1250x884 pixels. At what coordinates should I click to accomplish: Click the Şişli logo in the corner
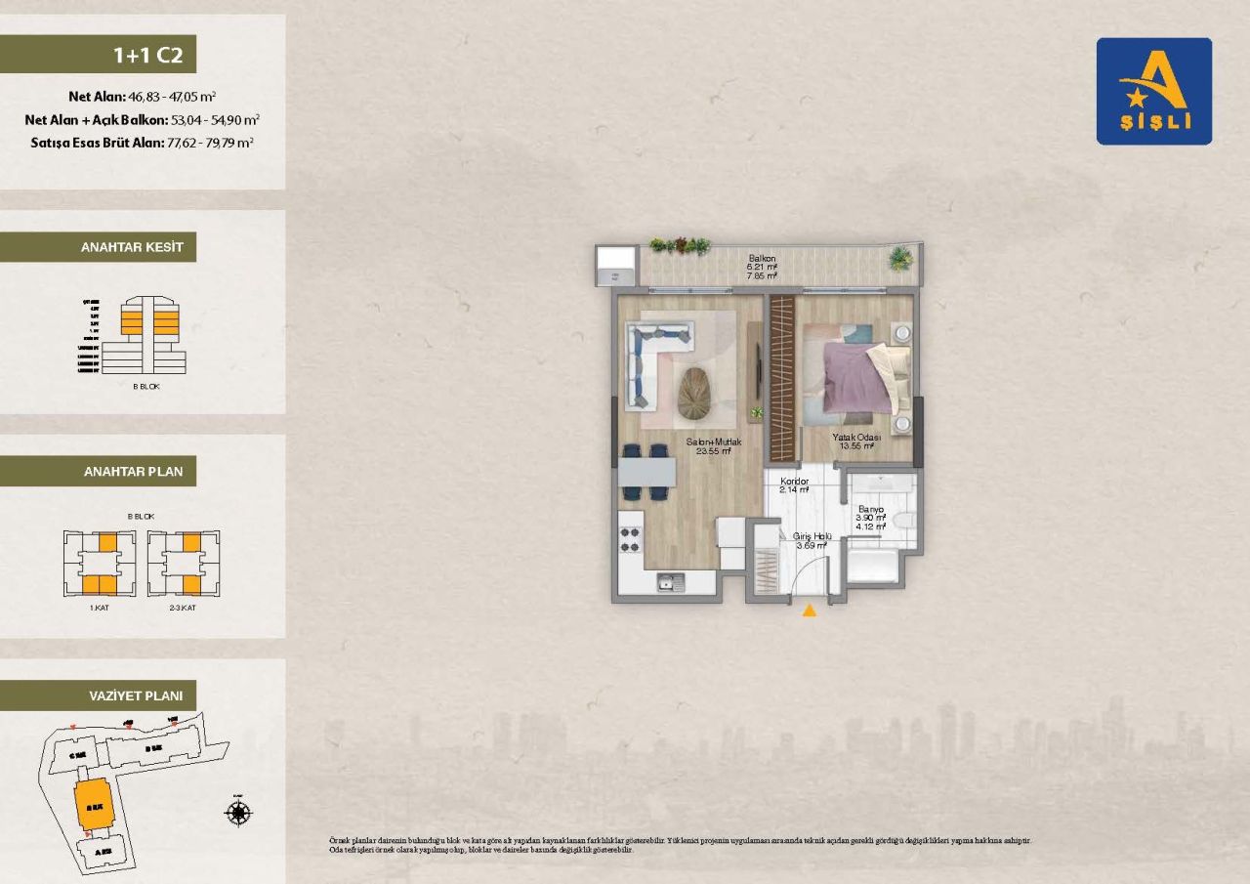click(1153, 91)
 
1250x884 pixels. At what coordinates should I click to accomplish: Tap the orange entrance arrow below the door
click(809, 611)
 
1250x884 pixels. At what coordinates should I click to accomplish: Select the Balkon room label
click(762, 259)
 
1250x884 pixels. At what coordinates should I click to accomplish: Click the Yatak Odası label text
click(856, 438)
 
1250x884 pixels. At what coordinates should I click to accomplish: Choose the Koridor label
click(794, 481)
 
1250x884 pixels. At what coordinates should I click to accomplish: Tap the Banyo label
click(870, 509)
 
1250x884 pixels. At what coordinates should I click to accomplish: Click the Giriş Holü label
click(810, 536)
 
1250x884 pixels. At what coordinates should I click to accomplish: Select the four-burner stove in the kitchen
click(631, 540)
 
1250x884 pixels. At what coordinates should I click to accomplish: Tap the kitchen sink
click(671, 582)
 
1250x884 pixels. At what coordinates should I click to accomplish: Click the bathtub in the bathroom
click(873, 567)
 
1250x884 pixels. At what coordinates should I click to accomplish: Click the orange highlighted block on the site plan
click(94, 805)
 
